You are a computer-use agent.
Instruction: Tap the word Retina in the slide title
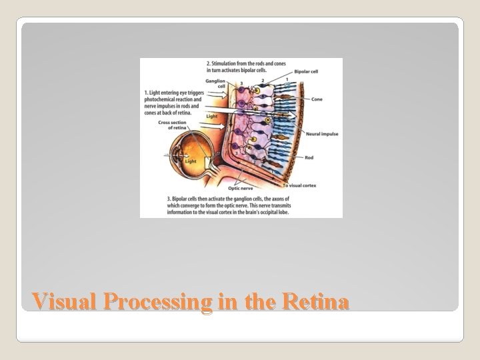(x=316, y=302)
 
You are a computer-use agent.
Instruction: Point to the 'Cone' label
(x=318, y=99)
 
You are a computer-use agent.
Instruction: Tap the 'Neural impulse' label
(x=321, y=134)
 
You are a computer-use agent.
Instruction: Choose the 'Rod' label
(x=309, y=158)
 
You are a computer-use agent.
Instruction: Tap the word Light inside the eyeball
(x=191, y=161)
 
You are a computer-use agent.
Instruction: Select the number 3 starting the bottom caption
(x=168, y=199)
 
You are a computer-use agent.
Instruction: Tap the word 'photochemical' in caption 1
(x=161, y=97)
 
